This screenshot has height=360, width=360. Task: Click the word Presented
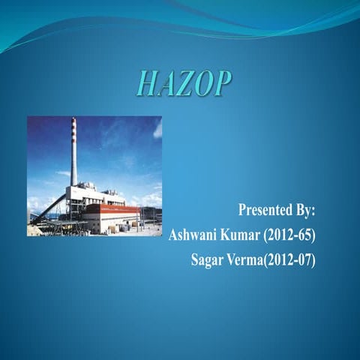tap(265, 208)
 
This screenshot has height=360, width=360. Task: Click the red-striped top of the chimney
tap(73, 129)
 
